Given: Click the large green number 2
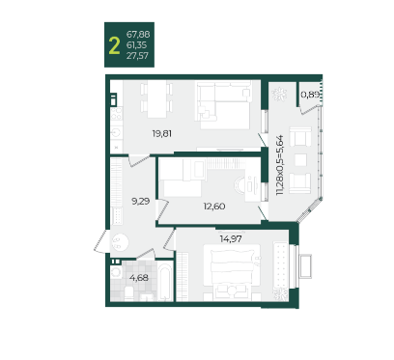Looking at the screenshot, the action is click(114, 45).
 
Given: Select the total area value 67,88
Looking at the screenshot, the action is click(138, 34).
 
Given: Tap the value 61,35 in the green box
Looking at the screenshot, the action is click(136, 45).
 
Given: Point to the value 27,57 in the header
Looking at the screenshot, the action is click(137, 56).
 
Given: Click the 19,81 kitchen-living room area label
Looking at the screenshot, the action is click(162, 133).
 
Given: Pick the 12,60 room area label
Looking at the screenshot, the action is click(214, 207).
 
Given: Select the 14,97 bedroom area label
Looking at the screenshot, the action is click(231, 238).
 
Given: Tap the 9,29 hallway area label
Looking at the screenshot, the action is click(141, 202).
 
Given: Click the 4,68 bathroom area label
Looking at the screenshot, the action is click(139, 277).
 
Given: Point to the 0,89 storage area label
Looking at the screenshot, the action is click(310, 95).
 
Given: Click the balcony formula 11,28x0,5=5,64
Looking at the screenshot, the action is click(279, 165).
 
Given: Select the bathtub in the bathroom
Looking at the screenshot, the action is click(165, 282).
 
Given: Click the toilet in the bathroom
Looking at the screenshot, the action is click(129, 293).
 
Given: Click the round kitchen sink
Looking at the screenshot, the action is click(116, 133).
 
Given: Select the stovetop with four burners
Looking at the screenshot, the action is click(117, 114).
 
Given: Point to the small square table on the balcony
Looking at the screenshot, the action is click(300, 159).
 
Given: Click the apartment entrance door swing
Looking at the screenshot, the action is click(101, 240).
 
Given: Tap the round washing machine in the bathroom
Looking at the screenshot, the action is click(115, 273).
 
